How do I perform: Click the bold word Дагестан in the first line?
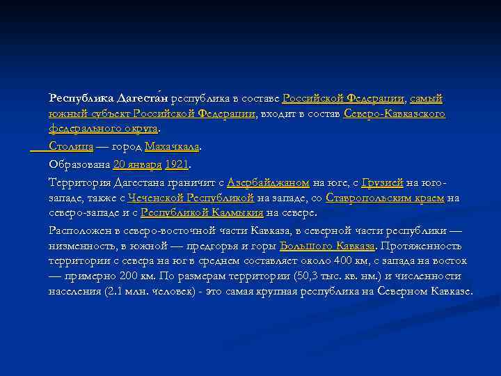(x=142, y=98)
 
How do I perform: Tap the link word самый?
(x=427, y=98)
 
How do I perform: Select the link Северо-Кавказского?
(x=395, y=113)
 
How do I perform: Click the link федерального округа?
(x=103, y=129)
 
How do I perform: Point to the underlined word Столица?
(x=71, y=147)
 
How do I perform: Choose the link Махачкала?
(x=172, y=147)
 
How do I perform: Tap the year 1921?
(x=177, y=165)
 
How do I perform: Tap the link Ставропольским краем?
(x=385, y=198)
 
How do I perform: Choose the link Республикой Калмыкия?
(x=202, y=213)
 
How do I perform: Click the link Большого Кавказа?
(x=327, y=246)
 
